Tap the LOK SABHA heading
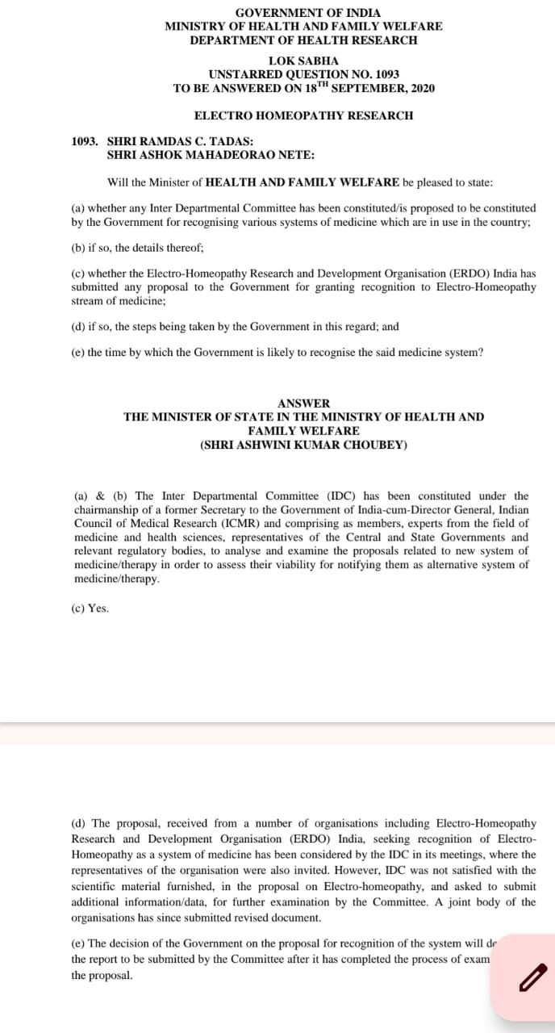point(303,61)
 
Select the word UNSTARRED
point(238,74)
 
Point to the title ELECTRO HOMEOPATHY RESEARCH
point(303,115)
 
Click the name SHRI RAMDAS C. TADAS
point(180,141)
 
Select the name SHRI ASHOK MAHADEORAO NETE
point(211,154)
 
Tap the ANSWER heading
point(303,403)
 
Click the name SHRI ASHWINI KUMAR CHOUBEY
point(303,445)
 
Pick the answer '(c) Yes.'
point(90,609)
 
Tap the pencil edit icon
point(531,978)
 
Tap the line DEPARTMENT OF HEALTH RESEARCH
point(303,40)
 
